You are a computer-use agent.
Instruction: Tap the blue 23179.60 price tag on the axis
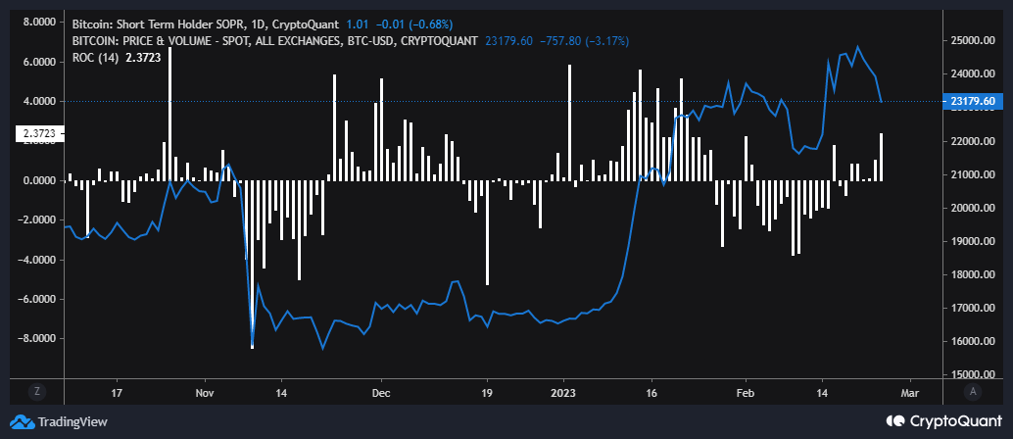pos(973,101)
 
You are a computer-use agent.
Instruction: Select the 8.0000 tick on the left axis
pos(32,22)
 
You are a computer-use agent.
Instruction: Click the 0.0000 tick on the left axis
pos(32,180)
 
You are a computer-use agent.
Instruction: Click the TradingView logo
pos(61,421)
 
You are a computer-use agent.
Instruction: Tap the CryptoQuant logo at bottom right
pos(944,421)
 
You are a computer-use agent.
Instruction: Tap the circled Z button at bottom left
pos(36,391)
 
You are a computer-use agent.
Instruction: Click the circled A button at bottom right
pos(973,391)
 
